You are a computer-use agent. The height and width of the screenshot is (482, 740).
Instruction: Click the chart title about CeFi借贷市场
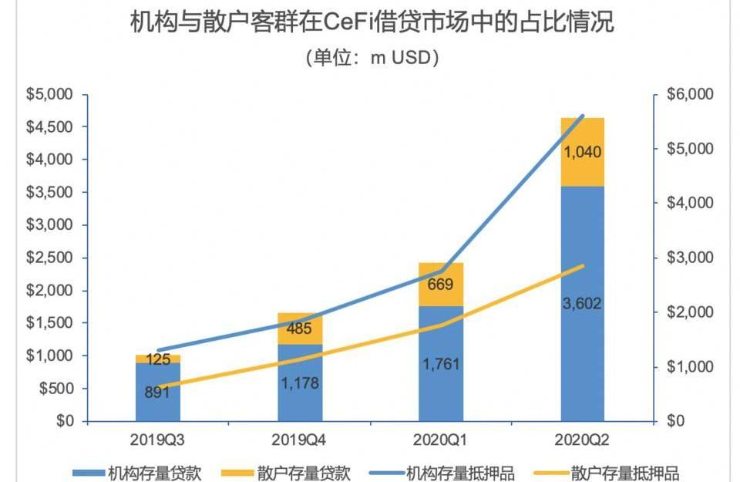[372, 22]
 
